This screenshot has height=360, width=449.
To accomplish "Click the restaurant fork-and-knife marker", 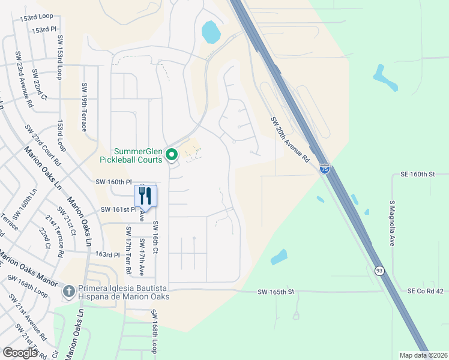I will tap(145, 196).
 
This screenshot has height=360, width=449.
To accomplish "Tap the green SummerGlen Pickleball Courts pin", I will tap(172, 155).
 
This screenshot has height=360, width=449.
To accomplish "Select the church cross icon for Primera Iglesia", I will tap(69, 292).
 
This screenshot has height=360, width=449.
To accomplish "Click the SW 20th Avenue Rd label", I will tap(289, 140).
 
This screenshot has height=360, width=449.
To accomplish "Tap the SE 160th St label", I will tap(417, 175).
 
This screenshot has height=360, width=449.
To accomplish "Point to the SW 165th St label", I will tap(276, 292).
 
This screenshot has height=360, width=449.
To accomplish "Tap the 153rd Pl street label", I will tap(44, 29).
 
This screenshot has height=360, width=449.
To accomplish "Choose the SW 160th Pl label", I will tap(113, 181).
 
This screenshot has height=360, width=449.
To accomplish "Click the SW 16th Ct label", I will tap(155, 236).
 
